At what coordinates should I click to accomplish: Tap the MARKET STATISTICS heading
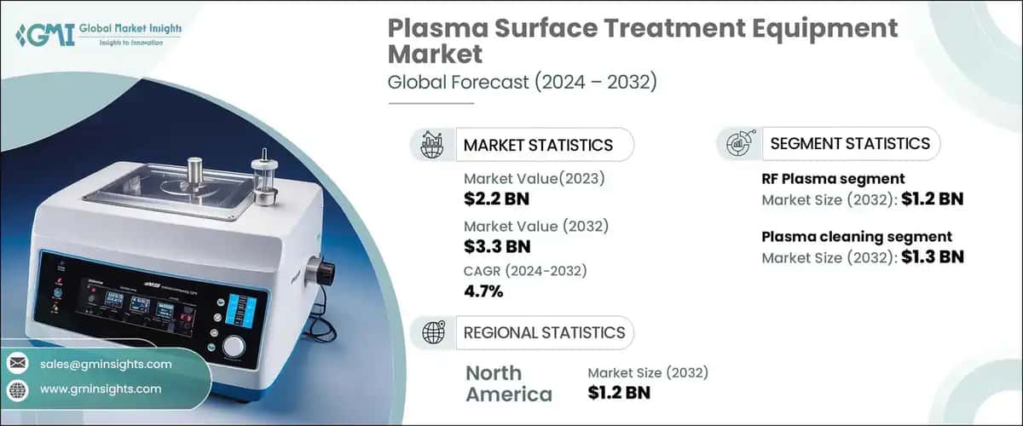(x=537, y=145)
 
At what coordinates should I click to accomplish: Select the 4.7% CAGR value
(x=483, y=292)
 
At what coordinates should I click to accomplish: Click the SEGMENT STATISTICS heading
(x=849, y=143)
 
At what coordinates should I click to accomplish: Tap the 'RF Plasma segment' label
(x=832, y=178)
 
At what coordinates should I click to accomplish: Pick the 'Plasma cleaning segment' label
(x=856, y=237)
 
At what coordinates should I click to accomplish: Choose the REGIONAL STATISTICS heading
(x=543, y=332)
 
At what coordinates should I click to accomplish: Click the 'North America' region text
(x=508, y=383)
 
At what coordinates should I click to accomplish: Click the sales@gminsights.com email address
(x=106, y=364)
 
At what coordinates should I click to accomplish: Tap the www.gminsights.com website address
(x=100, y=389)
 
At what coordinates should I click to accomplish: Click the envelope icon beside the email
(x=18, y=364)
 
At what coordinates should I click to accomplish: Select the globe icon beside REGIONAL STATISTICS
(x=432, y=332)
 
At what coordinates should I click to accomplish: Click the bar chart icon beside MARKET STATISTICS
(x=432, y=145)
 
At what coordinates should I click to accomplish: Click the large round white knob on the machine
(x=234, y=346)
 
